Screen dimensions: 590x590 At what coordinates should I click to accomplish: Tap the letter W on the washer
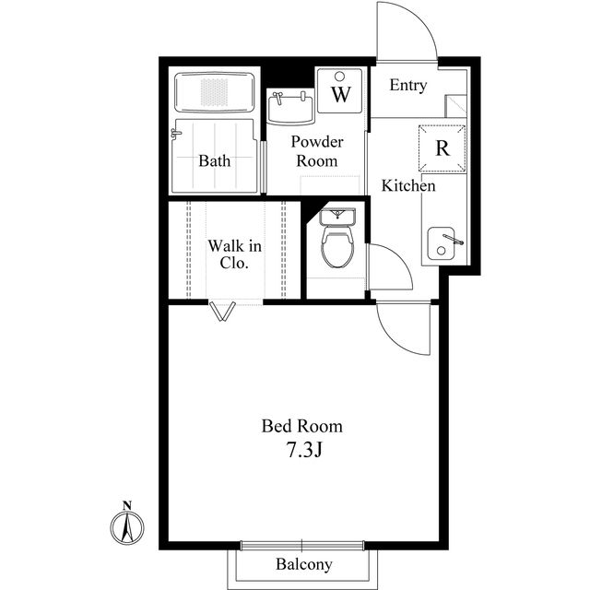click(341, 94)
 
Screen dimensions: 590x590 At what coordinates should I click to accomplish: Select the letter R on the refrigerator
click(442, 147)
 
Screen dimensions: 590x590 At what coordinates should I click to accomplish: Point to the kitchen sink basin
click(441, 243)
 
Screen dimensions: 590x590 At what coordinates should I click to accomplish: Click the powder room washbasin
click(290, 108)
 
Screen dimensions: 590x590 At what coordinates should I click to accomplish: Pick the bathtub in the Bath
click(215, 92)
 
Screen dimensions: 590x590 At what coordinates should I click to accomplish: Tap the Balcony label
click(303, 564)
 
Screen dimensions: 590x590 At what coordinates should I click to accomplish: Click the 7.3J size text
click(304, 450)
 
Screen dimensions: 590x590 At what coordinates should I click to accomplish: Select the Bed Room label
click(302, 426)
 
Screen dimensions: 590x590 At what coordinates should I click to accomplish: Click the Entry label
click(408, 86)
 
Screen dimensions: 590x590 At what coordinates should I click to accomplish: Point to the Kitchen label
click(408, 185)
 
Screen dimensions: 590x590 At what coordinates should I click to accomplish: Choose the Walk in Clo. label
click(234, 254)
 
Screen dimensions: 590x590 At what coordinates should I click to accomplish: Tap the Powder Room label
click(317, 151)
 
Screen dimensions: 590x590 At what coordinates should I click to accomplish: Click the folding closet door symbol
click(223, 312)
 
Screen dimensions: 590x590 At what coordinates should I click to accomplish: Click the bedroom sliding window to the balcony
click(302, 545)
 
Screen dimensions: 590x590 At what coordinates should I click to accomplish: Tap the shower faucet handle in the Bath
click(175, 133)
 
